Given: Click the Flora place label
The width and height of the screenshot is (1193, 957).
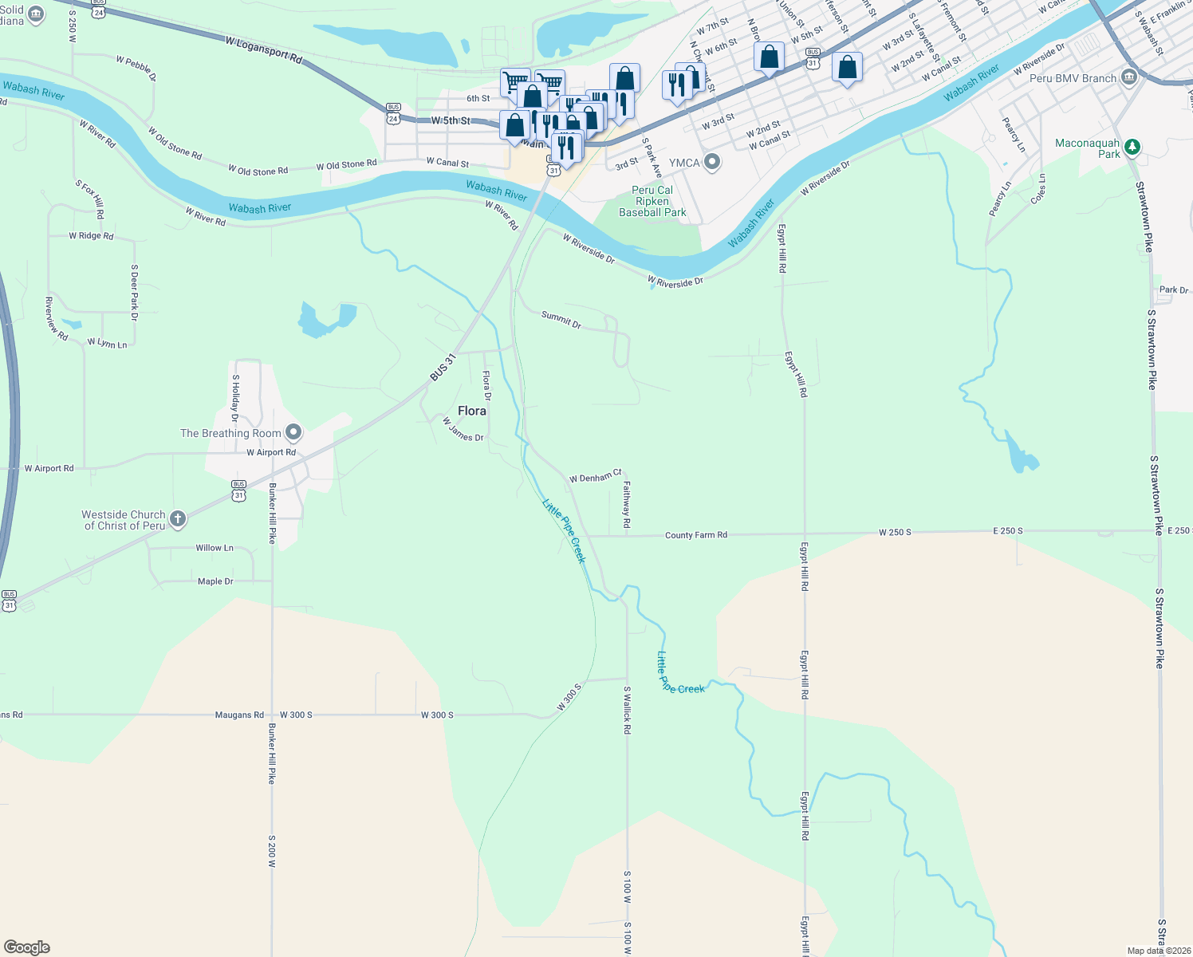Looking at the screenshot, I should (x=471, y=411).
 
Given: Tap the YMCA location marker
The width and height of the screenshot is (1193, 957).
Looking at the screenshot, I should (x=712, y=163).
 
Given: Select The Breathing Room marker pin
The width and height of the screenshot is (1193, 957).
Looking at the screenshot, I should (x=293, y=433).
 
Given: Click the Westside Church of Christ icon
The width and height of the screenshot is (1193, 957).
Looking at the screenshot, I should (x=178, y=519).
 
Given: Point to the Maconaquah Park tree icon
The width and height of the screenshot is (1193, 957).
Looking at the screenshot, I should (x=1132, y=148).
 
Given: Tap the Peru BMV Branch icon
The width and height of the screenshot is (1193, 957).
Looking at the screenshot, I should (x=1128, y=77).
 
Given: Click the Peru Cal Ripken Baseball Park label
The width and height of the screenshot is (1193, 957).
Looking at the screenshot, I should (x=652, y=201).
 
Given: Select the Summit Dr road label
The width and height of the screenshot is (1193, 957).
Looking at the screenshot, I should (x=561, y=320).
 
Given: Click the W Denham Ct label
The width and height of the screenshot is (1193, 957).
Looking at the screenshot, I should (x=595, y=477).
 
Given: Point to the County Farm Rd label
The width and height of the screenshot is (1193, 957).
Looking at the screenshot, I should (x=695, y=535).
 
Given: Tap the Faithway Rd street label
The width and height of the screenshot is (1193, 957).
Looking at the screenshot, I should (x=627, y=504).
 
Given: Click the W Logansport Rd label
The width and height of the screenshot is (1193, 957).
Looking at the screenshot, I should (x=264, y=49).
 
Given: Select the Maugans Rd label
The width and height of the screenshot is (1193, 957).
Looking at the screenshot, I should (x=239, y=715).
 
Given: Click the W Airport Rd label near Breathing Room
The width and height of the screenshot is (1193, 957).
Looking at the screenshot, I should (x=271, y=452).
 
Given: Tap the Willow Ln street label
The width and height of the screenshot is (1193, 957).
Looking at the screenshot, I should (x=215, y=548).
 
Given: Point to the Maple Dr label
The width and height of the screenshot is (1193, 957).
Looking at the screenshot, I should (x=215, y=581).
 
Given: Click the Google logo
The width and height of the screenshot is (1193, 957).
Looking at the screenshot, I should (x=27, y=947).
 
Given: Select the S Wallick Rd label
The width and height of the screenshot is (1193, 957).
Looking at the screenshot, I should (x=628, y=710).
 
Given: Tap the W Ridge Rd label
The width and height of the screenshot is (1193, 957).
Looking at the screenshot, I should (x=91, y=236).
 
